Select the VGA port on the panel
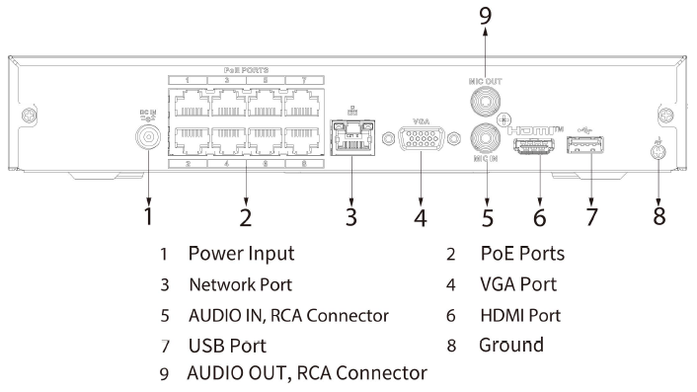tap(420, 140)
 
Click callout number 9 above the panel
tap(484, 16)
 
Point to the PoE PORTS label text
tap(246, 69)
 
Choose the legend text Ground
tap(511, 346)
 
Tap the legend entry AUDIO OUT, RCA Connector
tap(307, 374)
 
